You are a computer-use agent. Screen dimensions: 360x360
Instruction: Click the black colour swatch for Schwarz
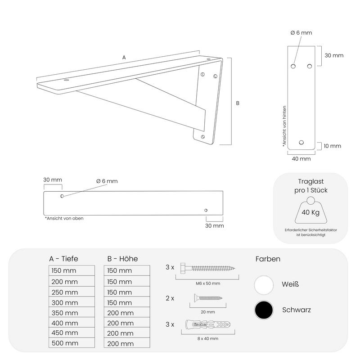[x=264, y=310]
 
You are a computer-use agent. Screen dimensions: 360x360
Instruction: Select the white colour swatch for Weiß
[x=264, y=285]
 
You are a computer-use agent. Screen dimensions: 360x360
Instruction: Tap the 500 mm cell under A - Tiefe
[x=72, y=343]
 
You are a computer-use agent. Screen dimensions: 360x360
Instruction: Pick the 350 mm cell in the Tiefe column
[x=72, y=312]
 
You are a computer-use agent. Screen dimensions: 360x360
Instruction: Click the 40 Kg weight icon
[x=310, y=210]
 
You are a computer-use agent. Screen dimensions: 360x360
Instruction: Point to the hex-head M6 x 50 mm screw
[x=207, y=268]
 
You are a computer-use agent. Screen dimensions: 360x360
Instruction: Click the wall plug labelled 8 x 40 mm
[x=208, y=324]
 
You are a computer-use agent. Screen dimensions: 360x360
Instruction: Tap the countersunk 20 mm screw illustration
[x=208, y=298]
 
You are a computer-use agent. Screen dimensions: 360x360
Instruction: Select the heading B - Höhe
[x=122, y=259]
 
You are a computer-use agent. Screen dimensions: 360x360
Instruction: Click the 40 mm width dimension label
[x=301, y=159]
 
